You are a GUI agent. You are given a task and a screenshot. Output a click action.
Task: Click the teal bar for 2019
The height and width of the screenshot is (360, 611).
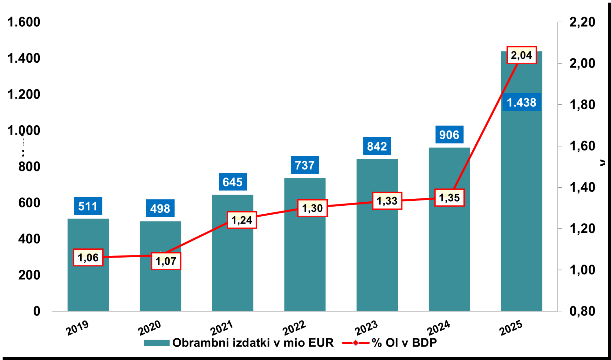tap(88, 284)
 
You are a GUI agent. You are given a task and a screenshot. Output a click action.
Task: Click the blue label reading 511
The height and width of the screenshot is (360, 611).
tap(88, 206)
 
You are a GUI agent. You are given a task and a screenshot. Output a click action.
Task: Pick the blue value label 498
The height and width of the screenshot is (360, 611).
tap(160, 208)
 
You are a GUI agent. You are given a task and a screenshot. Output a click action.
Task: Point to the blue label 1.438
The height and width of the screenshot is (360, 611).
tap(521, 102)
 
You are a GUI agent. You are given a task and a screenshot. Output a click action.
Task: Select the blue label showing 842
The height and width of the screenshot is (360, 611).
tap(377, 146)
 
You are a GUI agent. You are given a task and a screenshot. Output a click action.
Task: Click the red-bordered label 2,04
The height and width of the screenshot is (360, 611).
tap(521, 55)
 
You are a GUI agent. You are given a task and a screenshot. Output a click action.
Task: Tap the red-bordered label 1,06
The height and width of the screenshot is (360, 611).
tap(88, 258)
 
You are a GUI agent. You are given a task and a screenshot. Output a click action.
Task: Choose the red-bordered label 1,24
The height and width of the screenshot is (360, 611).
tap(242, 220)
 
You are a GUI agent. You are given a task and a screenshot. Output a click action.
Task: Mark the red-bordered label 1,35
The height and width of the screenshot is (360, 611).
tap(449, 198)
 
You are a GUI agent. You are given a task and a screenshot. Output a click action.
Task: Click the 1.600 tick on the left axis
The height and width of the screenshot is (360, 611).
tap(24, 22)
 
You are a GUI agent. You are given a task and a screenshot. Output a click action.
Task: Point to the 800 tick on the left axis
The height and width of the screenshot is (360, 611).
tap(29, 167)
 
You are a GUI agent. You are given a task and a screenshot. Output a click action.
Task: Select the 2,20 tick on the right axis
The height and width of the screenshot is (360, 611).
tap(582, 22)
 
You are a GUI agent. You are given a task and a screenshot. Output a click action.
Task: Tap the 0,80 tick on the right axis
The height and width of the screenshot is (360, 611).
tap(582, 311)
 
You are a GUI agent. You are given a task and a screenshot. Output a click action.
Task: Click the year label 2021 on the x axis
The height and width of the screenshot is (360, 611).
tap(221, 328)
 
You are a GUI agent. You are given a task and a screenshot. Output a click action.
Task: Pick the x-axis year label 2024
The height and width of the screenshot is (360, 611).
tap(438, 328)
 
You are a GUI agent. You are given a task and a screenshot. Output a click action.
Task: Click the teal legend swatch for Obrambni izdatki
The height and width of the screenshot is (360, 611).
tap(156, 343)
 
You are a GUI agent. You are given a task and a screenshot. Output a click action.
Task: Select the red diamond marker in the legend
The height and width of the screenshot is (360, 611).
tap(356, 343)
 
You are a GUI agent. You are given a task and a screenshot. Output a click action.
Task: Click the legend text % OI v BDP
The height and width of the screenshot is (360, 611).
tap(404, 343)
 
